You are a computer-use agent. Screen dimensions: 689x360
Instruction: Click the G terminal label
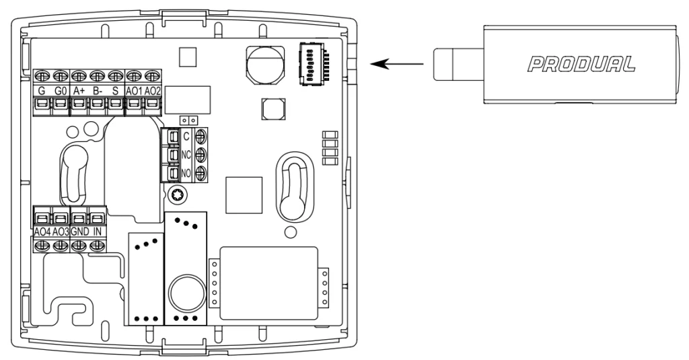[x=42, y=92]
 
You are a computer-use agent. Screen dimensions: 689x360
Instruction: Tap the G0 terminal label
[x=60, y=92]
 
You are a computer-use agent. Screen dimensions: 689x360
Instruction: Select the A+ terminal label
[x=79, y=92]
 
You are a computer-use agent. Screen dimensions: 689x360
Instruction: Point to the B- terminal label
[x=98, y=92]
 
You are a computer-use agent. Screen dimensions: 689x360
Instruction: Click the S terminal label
[x=116, y=92]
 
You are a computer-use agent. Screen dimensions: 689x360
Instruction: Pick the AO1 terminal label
[x=134, y=92]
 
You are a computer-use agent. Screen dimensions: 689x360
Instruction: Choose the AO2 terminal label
[x=153, y=92]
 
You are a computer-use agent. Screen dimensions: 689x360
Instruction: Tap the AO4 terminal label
[x=42, y=231]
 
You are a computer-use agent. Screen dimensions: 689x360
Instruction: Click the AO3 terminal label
[x=61, y=231]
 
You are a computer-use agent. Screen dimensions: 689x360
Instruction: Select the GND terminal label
[x=79, y=231]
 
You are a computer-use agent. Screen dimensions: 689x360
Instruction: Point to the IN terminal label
[x=98, y=231]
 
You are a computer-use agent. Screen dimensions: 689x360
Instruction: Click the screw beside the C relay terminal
[x=201, y=136]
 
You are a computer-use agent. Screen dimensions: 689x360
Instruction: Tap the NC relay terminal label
[x=186, y=155]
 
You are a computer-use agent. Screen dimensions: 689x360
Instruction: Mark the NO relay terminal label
[x=186, y=173]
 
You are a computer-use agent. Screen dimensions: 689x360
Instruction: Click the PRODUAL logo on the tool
[x=581, y=64]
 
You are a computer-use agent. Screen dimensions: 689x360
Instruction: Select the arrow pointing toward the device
[x=397, y=64]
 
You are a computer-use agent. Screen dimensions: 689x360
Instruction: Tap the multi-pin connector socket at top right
[x=314, y=63]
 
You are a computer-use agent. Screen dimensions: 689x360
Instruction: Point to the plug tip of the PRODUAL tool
[x=458, y=65]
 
